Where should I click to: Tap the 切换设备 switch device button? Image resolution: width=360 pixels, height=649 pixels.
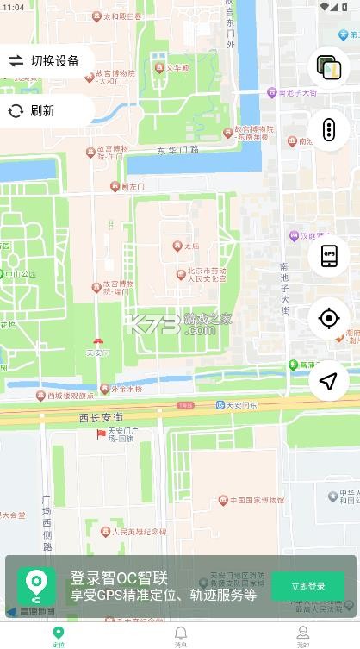(x=45, y=60)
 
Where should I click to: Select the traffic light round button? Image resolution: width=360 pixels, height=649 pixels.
(x=328, y=130)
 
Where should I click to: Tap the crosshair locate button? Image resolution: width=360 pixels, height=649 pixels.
(x=328, y=318)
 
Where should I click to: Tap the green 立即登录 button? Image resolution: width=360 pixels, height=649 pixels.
(x=307, y=586)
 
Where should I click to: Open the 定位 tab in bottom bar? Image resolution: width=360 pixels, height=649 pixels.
(x=59, y=636)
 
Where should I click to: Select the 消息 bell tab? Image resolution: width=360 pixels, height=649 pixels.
(x=181, y=636)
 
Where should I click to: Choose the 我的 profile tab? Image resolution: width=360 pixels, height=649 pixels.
(x=303, y=636)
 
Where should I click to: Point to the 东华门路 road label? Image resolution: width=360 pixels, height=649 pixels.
(x=177, y=149)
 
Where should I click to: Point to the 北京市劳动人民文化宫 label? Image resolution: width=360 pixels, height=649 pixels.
(x=202, y=274)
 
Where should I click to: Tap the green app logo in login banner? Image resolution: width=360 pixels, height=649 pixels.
(x=36, y=586)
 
